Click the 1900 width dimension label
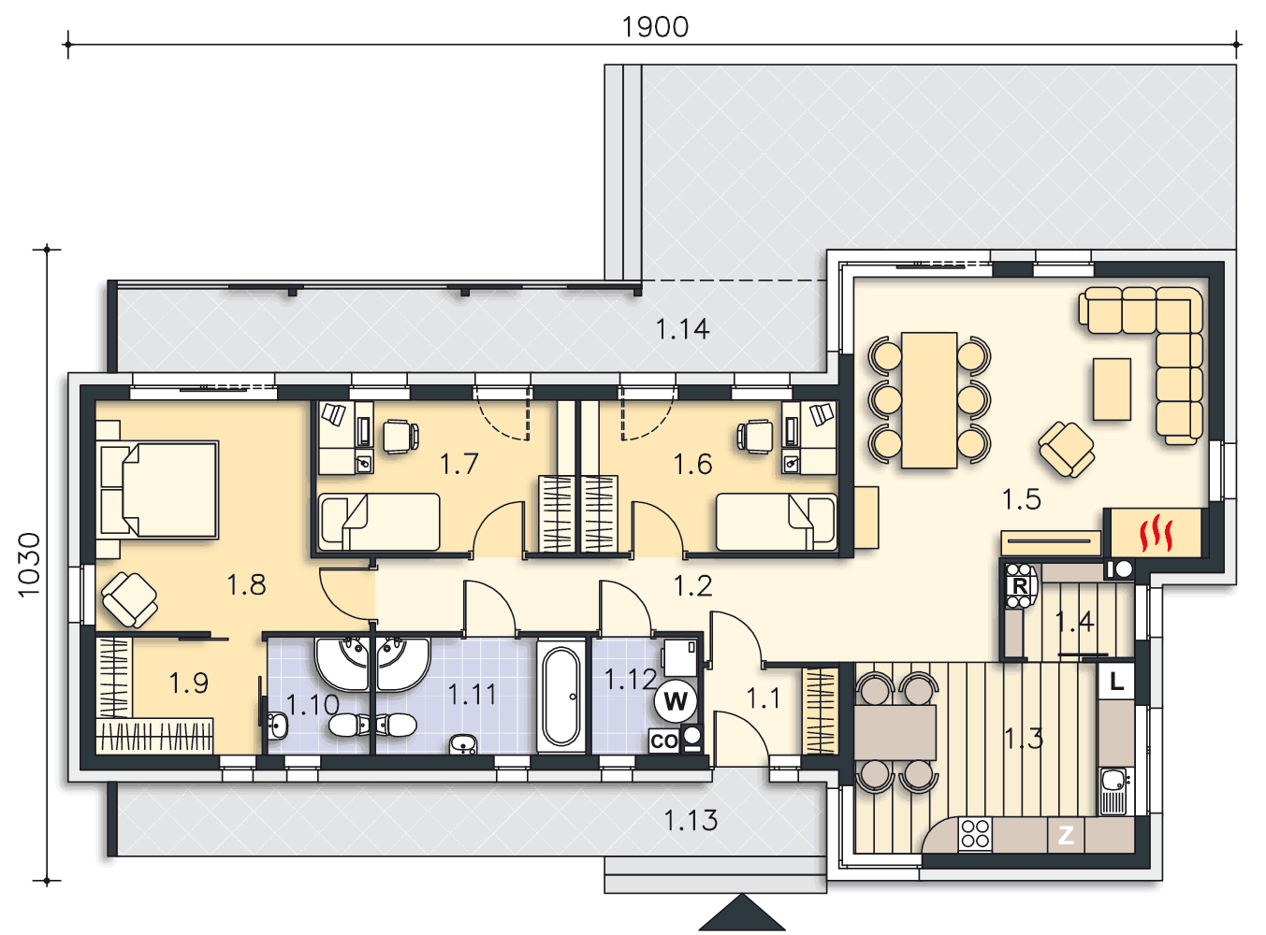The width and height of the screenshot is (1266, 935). tap(655, 27)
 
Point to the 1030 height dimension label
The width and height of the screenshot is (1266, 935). tap(29, 565)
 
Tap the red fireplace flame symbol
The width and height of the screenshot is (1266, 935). tap(1156, 533)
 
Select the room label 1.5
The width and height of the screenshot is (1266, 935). tap(1022, 499)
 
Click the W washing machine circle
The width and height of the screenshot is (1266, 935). tap(676, 701)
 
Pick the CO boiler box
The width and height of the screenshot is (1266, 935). tap(663, 741)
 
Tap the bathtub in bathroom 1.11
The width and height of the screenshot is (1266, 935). tap(561, 697)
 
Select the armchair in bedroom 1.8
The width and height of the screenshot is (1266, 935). tap(129, 600)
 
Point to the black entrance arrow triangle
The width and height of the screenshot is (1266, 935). tap(741, 913)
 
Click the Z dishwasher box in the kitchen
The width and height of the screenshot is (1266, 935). tap(1066, 836)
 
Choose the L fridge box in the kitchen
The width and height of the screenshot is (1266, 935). tap(1116, 681)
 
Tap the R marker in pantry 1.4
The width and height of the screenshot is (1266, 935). tap(1019, 586)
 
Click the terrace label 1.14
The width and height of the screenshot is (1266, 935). tap(682, 329)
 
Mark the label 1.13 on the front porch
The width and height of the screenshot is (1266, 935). tap(691, 821)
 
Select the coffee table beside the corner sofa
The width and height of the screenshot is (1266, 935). tap(1112, 389)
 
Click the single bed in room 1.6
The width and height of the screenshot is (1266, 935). tap(777, 522)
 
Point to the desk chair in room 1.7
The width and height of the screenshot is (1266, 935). tap(400, 436)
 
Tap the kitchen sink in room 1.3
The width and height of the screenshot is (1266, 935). tap(1115, 791)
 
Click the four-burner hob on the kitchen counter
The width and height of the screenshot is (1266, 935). tap(975, 835)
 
